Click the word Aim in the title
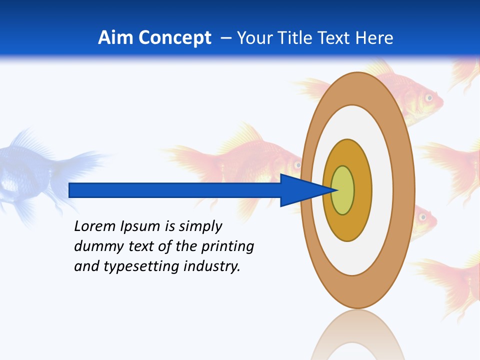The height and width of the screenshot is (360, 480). click(x=116, y=37)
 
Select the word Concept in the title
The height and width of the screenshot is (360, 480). click(x=175, y=37)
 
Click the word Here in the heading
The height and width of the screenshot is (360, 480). click(x=374, y=37)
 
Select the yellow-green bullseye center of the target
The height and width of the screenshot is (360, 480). click(x=342, y=190)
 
